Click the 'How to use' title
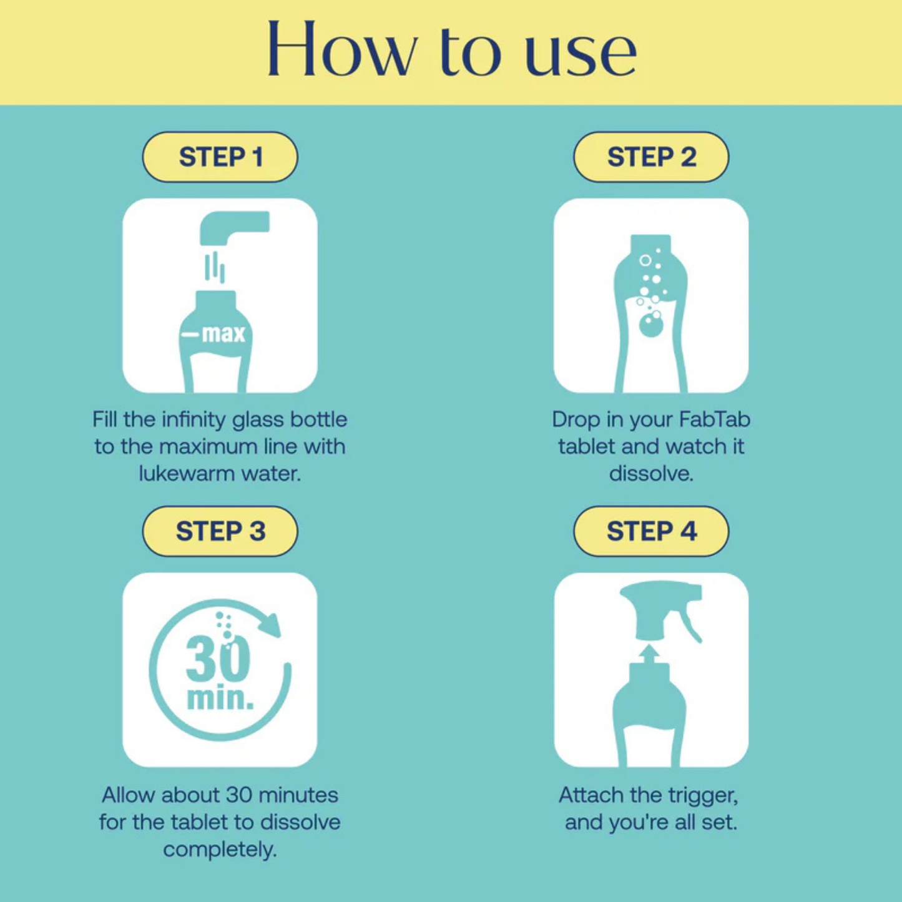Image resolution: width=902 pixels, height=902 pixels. pyautogui.click(x=451, y=50)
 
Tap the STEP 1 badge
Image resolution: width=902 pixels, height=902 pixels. pyautogui.click(x=220, y=157)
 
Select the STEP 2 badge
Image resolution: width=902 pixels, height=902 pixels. pyautogui.click(x=651, y=157)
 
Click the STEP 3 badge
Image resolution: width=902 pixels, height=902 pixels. pyautogui.click(x=220, y=531)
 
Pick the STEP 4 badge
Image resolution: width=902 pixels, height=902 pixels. pyautogui.click(x=651, y=531)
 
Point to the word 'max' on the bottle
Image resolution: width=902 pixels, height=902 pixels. pyautogui.click(x=223, y=334)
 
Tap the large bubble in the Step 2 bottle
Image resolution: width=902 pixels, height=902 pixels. pyautogui.click(x=651, y=325)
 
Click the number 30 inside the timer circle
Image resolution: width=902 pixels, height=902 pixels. pyautogui.click(x=218, y=659)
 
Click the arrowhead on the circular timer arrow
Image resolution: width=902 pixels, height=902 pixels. pyautogui.click(x=270, y=624)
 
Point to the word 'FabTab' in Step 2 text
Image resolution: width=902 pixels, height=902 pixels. pyautogui.click(x=714, y=419)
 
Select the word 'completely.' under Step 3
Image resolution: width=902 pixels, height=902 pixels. pyautogui.click(x=220, y=849)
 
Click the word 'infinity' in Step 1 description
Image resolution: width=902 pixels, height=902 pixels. pyautogui.click(x=194, y=419)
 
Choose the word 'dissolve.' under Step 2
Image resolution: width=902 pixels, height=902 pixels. pyautogui.click(x=651, y=473)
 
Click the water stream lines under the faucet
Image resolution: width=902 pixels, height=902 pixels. pyautogui.click(x=215, y=267)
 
